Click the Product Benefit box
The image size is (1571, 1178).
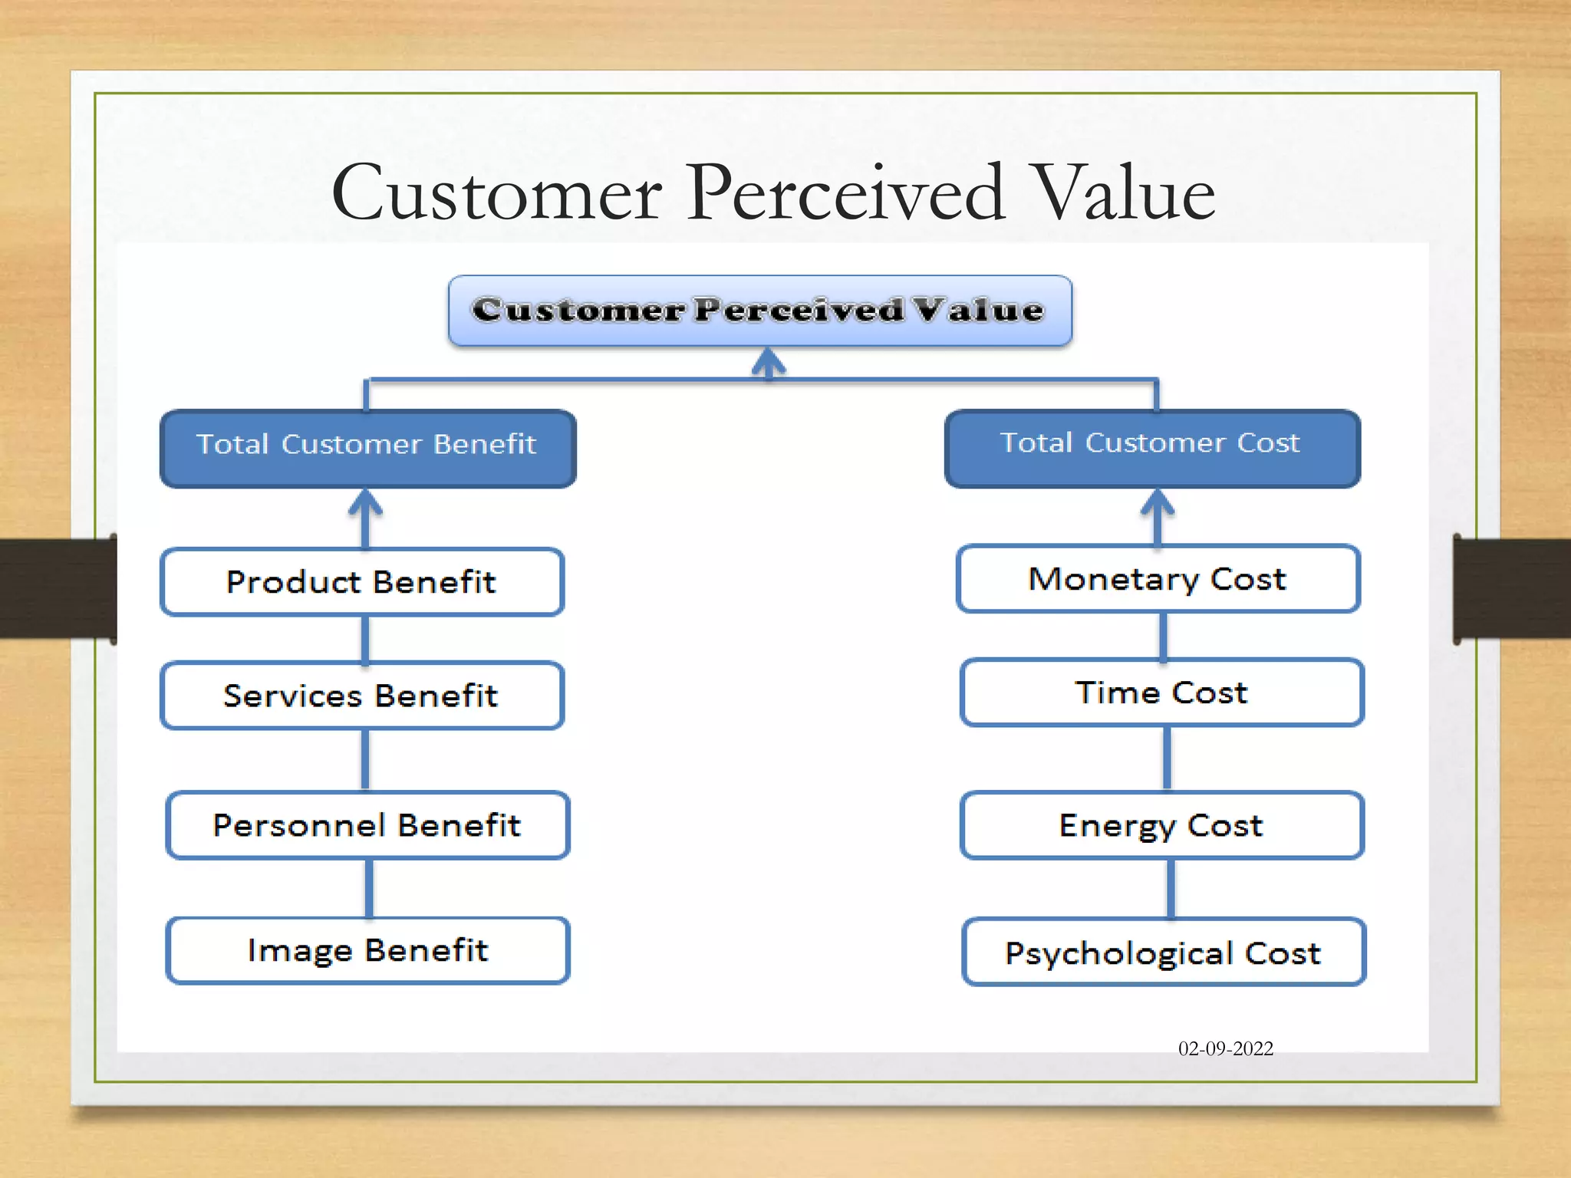362,582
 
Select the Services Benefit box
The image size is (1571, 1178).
362,696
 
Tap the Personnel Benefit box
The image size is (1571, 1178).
367,825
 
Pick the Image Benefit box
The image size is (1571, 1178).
367,951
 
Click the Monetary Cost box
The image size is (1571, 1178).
1158,579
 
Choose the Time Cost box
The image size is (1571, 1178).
1161,693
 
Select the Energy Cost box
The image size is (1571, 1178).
1161,825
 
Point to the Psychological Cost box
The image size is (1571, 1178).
1163,953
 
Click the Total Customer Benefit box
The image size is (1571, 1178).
367,449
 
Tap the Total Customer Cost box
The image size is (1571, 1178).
1152,449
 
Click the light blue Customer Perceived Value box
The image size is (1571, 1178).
759,311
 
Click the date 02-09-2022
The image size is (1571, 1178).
1225,1049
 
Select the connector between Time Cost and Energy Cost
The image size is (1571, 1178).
1167,758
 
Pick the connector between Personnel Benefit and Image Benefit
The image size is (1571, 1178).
369,888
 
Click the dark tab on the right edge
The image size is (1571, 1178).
1511,589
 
